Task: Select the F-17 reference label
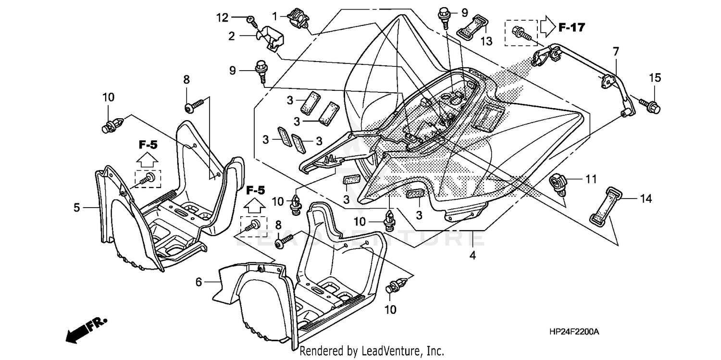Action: click(572, 28)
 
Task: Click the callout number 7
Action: click(616, 50)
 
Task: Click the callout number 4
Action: click(472, 256)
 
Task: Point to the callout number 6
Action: click(199, 283)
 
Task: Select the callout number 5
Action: click(76, 208)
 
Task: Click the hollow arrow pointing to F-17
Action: click(547, 27)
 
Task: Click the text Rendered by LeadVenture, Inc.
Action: click(372, 351)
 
